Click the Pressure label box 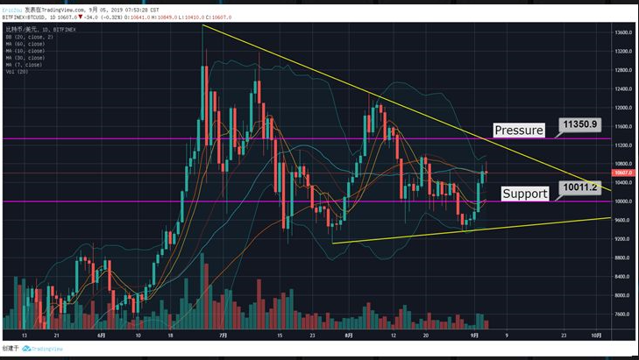pyautogui.click(x=518, y=131)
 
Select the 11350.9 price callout pyautogui.click(x=582, y=124)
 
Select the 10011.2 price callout pyautogui.click(x=582, y=187)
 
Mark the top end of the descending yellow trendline pyautogui.click(x=202, y=25)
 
